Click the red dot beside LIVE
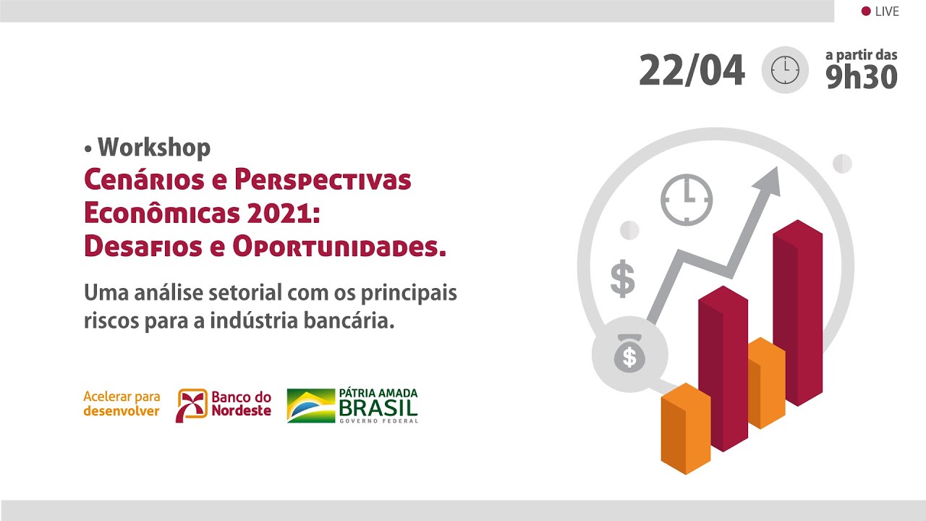(866, 11)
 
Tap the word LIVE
(887, 11)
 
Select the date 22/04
(692, 70)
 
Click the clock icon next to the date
(785, 70)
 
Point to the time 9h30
(862, 77)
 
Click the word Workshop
(154, 148)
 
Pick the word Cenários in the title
(144, 179)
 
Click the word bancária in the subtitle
(349, 321)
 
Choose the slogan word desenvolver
(122, 411)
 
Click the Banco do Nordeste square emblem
(192, 405)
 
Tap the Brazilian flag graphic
(311, 406)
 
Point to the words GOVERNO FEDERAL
(378, 421)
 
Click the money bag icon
(629, 354)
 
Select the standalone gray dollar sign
(623, 279)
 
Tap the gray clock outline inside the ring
(687, 200)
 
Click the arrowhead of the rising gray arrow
(768, 180)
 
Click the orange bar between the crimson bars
(767, 383)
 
